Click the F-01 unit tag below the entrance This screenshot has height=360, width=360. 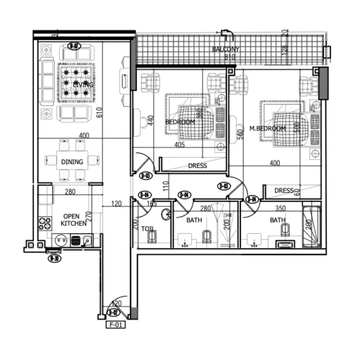[x=116, y=325]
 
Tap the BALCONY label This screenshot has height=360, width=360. [x=225, y=49]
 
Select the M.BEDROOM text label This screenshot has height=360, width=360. [x=267, y=129]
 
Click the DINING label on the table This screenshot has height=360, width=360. [x=72, y=162]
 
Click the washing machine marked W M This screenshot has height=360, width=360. [x=61, y=241]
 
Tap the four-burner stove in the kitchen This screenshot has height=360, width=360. [x=45, y=223]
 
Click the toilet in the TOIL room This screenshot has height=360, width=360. [x=152, y=237]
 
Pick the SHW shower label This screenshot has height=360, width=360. [x=228, y=215]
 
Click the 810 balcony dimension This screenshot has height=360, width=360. [x=230, y=57]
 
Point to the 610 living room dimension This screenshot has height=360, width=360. [x=99, y=112]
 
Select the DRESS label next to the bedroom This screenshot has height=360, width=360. [x=197, y=166]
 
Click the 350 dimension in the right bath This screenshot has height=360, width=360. [x=280, y=208]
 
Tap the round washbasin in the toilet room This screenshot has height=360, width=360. [x=166, y=215]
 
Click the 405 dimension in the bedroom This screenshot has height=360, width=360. [x=179, y=145]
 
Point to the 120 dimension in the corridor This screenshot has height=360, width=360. [x=116, y=204]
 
